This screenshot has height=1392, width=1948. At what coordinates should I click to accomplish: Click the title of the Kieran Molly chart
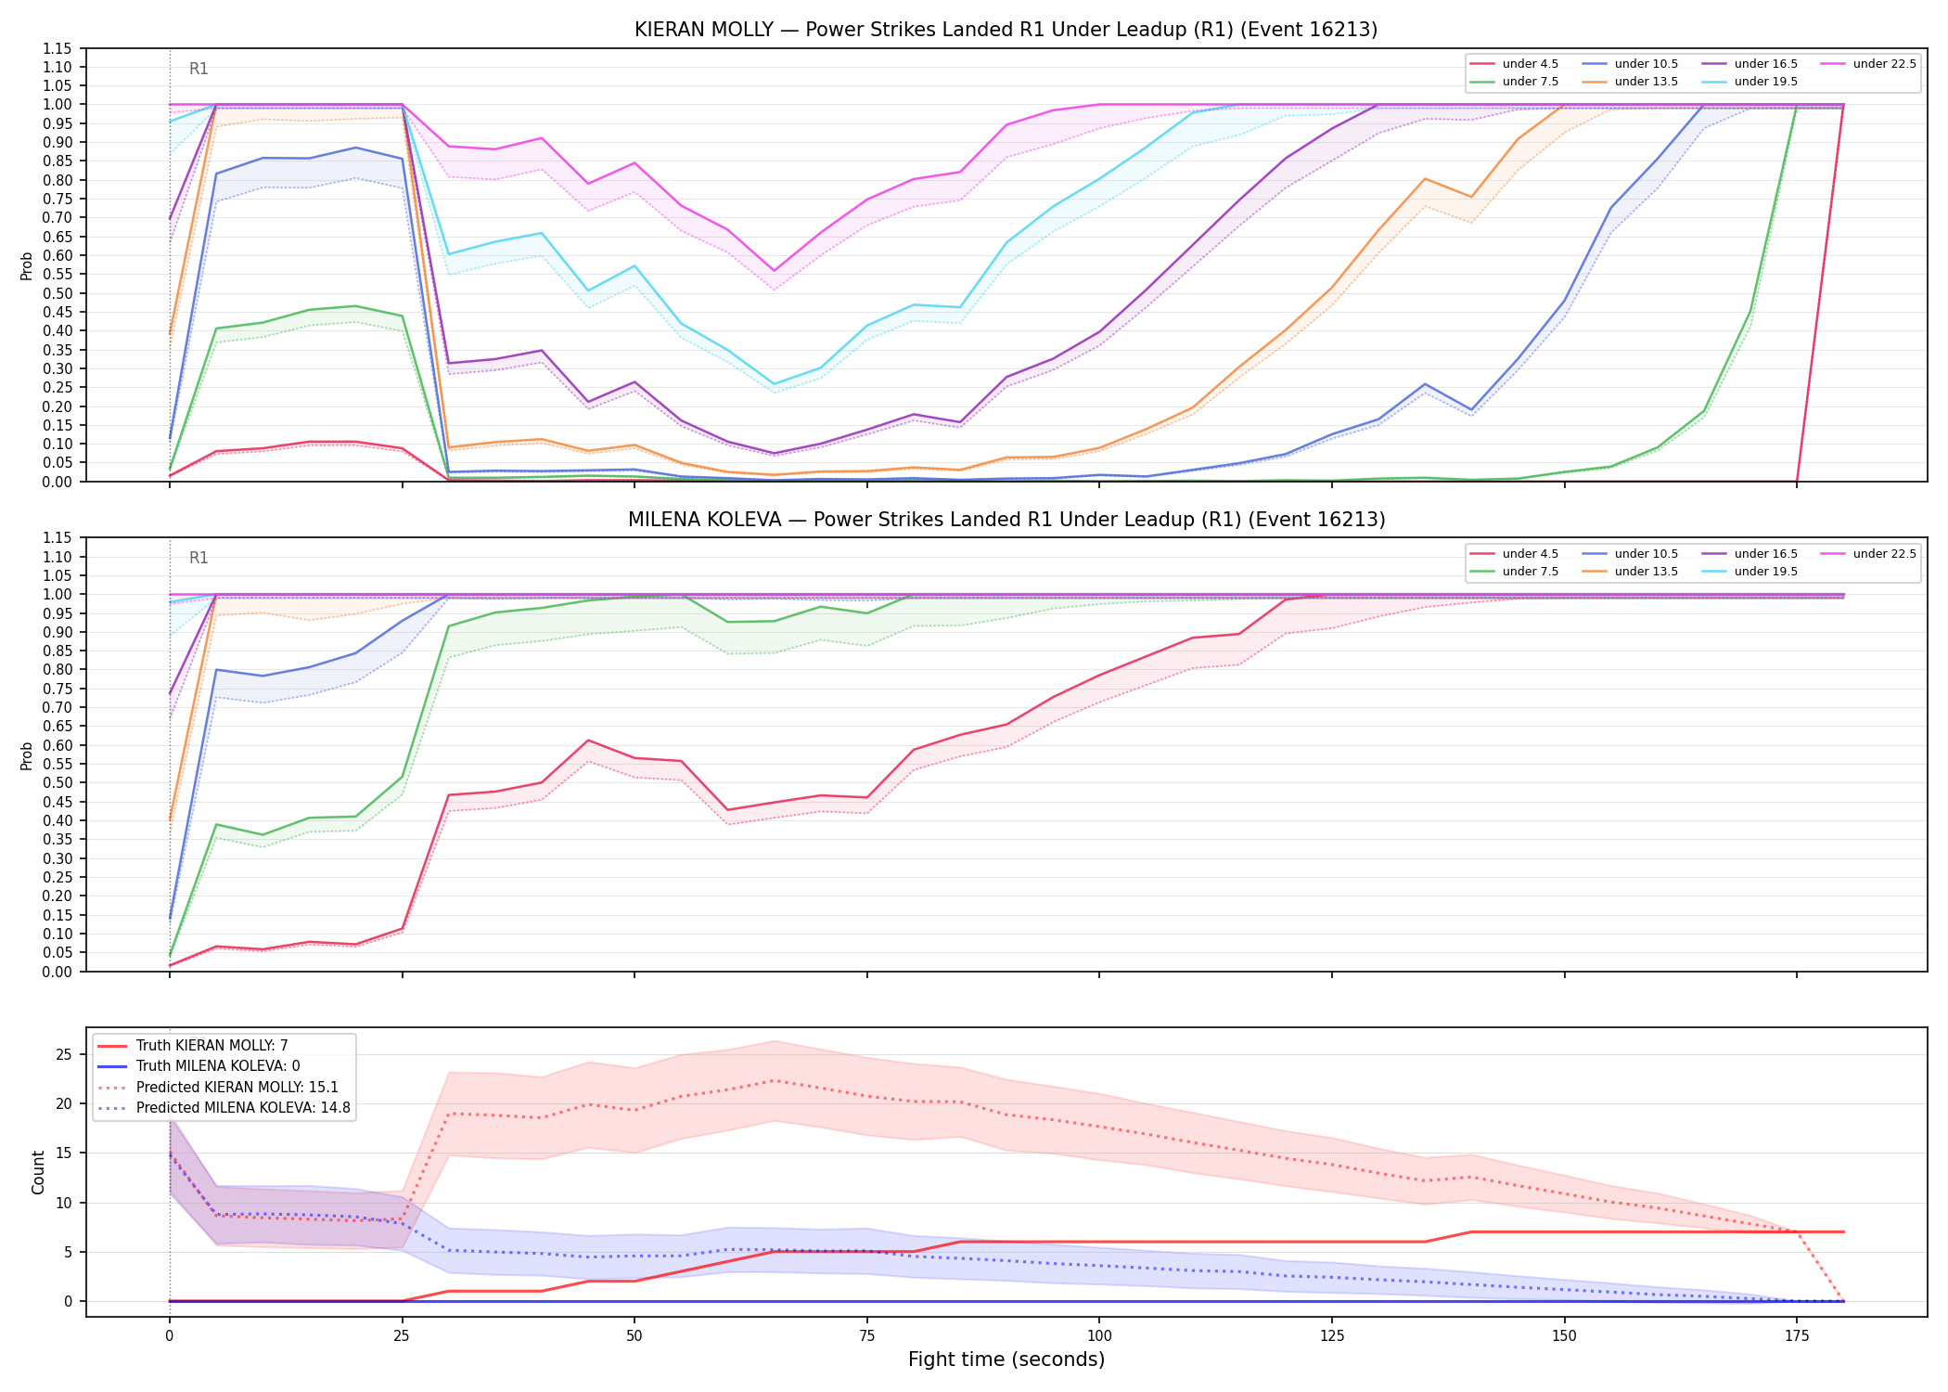1006,30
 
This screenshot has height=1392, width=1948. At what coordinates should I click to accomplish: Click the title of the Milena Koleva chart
1006,520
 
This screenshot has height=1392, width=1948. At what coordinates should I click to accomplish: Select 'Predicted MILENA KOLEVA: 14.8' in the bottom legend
224,1108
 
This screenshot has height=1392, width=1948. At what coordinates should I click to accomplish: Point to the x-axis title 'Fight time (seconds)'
1006,1360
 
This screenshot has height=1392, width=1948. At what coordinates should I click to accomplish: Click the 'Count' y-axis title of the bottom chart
38,1172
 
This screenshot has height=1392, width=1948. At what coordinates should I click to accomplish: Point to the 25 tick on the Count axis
65,1054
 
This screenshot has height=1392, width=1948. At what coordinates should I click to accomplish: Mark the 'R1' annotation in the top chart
199,69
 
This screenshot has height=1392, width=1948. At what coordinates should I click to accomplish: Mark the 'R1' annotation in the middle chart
199,558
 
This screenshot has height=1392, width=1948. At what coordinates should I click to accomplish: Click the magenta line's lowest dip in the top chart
774,271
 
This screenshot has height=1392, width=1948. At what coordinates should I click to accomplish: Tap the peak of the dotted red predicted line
774,1080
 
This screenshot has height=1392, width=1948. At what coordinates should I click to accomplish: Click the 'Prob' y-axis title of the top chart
27,265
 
